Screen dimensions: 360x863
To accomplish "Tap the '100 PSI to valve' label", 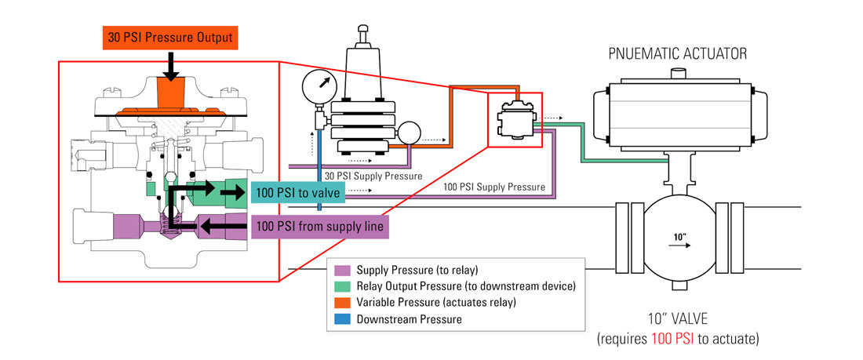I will pos(298,193).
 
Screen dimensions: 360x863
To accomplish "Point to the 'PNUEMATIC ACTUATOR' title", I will pos(678,54).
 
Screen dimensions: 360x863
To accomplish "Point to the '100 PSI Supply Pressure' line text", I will pos(494,187).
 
